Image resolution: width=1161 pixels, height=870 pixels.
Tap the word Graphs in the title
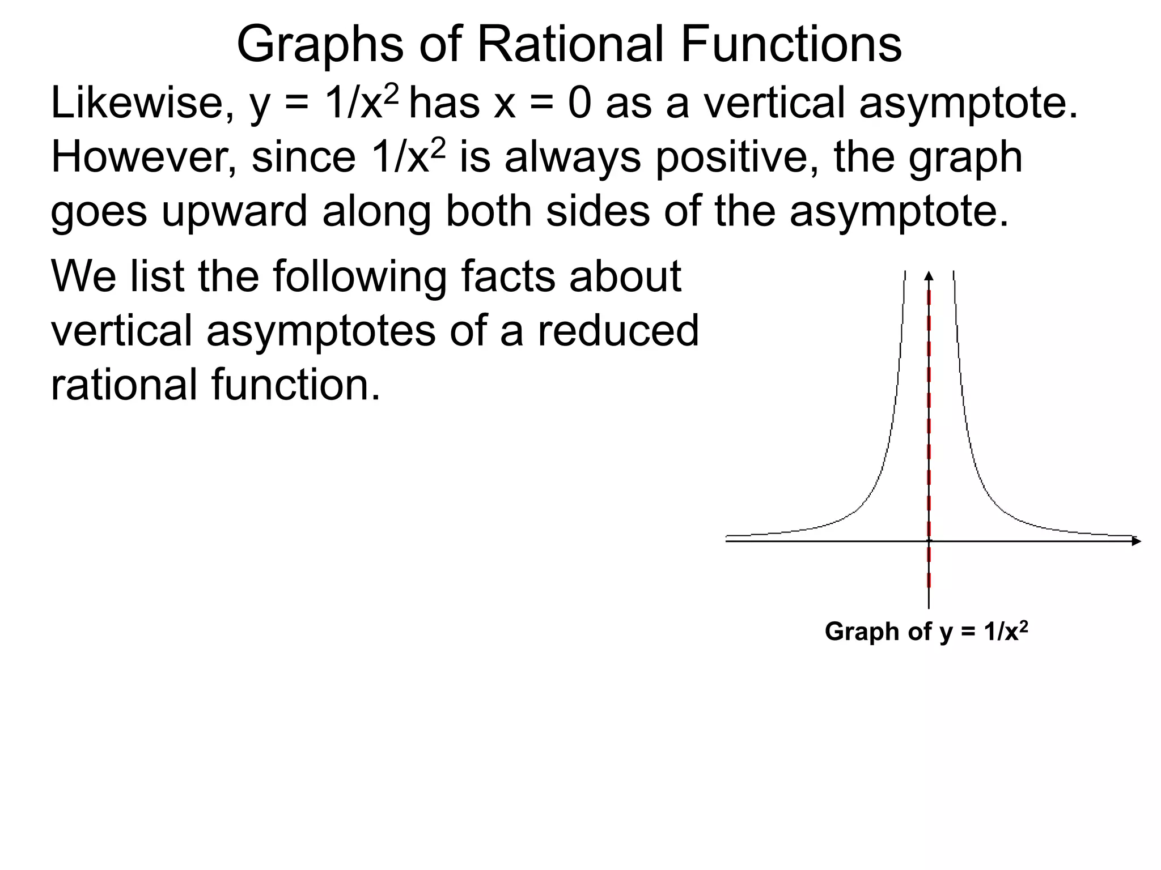[320, 45]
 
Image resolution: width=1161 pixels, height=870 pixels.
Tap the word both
[488, 211]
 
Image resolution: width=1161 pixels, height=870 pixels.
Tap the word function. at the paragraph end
[295, 385]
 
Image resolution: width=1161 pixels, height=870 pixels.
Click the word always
[573, 159]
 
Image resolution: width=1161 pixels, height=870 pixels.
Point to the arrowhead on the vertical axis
[929, 276]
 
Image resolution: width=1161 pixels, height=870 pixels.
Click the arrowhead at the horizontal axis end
[1136, 541]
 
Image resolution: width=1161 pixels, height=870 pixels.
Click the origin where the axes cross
[929, 541]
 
